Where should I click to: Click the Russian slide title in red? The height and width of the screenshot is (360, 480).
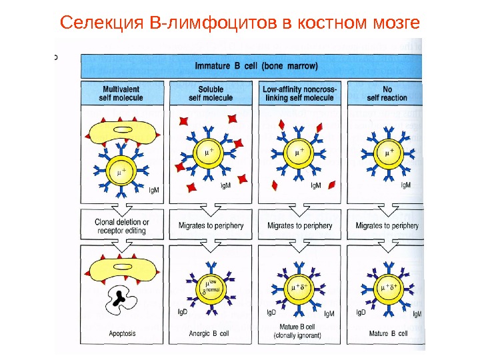[240, 24]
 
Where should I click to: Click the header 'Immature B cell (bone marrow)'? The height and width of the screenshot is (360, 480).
[255, 66]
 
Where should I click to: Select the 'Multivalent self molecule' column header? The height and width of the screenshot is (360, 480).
[121, 93]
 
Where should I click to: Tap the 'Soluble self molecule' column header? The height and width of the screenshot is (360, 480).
[211, 93]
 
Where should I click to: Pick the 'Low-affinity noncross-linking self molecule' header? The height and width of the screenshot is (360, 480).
[300, 93]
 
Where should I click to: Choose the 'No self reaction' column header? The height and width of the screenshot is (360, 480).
[387, 93]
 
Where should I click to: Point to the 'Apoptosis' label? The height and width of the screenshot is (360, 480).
[121, 333]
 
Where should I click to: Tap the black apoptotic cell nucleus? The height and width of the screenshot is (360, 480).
[121, 298]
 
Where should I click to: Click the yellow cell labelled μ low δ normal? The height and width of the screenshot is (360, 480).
[211, 288]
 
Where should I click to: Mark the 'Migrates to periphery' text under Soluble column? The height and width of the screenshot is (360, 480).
[211, 226]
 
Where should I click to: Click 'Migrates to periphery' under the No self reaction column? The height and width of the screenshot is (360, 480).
[387, 226]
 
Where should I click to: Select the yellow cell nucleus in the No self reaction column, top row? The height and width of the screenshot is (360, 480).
[387, 154]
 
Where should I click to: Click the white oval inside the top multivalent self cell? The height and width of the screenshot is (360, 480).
[123, 130]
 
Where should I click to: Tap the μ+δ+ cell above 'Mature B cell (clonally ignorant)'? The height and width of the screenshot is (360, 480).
[298, 288]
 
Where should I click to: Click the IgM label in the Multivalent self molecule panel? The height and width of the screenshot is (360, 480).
[153, 189]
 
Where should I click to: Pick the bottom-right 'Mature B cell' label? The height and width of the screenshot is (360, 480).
[388, 333]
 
